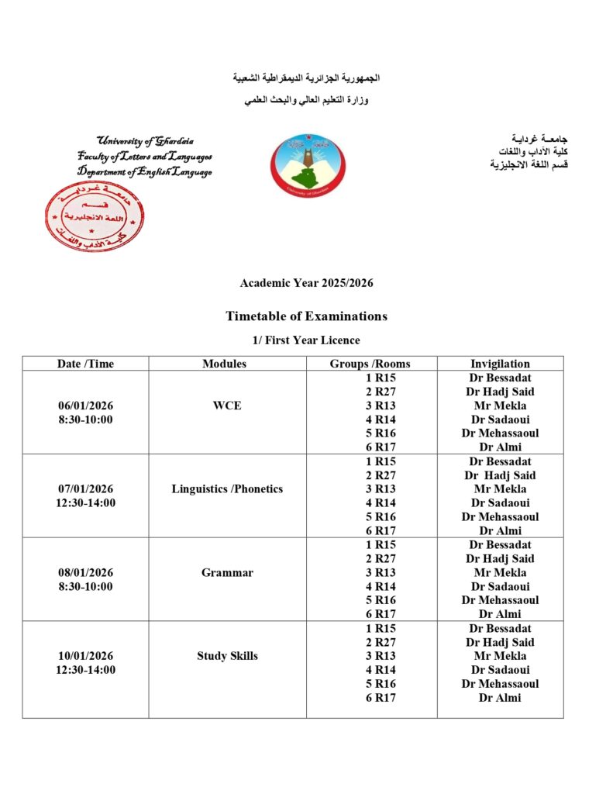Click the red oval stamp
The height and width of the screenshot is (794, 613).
pos(95,216)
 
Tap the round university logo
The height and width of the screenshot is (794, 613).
pos(308,164)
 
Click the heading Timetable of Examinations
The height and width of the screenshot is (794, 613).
pos(306,316)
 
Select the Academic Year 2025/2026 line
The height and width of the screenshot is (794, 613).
pos(306,283)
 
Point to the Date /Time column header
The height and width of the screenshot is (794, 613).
pos(85,364)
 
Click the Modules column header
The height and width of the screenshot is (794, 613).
pos(225,364)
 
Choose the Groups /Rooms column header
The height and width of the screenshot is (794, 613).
pos(370,364)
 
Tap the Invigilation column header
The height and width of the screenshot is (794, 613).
pos(500,364)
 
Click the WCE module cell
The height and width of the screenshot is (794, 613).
pos(227,406)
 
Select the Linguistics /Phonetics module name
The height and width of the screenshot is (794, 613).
pos(227,488)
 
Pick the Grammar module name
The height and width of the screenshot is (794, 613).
pos(227,573)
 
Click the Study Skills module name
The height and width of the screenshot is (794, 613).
pos(227,656)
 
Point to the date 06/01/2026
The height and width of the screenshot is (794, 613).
pos(85,406)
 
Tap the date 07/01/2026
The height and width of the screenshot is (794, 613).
pos(85,488)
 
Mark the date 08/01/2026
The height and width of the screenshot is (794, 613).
pos(85,573)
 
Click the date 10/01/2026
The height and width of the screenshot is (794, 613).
pos(85,656)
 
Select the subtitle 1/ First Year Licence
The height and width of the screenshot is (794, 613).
pos(306,340)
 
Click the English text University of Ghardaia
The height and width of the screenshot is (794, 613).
pos(145,141)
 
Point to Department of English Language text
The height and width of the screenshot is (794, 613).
pos(144,172)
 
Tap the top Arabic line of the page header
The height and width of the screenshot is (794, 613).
pos(307,79)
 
